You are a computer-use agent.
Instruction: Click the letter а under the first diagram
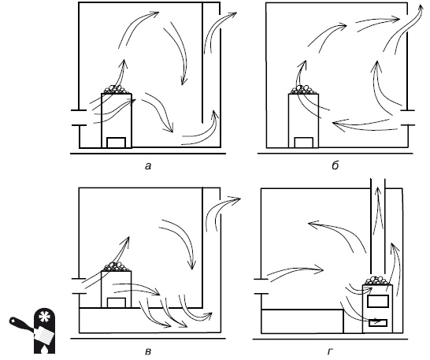point(148,166)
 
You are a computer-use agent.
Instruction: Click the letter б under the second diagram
point(335,165)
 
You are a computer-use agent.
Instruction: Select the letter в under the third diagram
point(148,351)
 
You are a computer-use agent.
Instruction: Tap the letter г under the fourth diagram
point(330,351)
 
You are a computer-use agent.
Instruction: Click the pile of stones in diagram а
point(117,89)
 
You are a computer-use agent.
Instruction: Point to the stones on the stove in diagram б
point(303,90)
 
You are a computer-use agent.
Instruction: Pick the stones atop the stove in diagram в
point(117,267)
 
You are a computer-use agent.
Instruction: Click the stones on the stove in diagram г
point(376,280)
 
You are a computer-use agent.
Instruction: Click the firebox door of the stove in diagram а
point(116,143)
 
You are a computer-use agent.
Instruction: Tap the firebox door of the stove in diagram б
point(303,143)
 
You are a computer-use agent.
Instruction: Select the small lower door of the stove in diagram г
point(377,323)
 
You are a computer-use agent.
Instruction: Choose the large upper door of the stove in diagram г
point(377,301)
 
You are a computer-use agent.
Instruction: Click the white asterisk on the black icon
point(43,317)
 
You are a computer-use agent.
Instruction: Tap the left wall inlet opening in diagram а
point(79,117)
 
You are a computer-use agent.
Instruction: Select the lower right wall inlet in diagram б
point(407,117)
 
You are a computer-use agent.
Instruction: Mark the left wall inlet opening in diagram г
point(261,287)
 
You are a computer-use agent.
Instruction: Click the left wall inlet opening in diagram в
point(79,286)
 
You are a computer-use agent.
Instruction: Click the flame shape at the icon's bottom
point(44,348)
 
